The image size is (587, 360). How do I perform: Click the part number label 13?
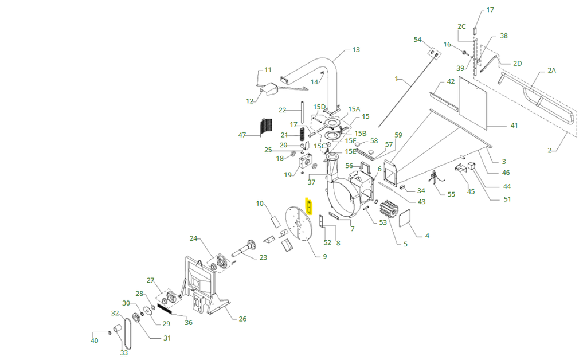click(355, 50)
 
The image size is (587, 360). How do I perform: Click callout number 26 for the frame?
click(242, 319)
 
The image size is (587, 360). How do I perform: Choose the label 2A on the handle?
click(551, 70)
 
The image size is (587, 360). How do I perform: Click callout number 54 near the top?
click(417, 40)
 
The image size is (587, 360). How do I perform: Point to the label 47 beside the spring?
click(242, 135)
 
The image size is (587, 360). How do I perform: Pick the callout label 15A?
click(354, 109)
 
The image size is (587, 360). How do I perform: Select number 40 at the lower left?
click(95, 341)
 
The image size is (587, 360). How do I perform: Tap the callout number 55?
click(451, 194)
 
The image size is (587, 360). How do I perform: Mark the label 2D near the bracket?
click(517, 64)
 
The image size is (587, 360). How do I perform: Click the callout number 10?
click(260, 204)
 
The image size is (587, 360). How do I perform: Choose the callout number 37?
click(311, 182)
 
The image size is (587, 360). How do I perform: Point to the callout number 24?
click(193, 238)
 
